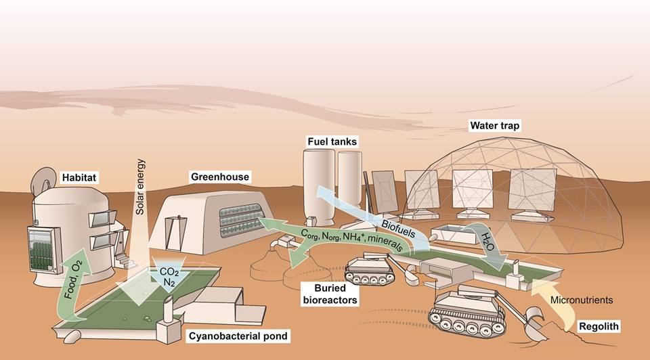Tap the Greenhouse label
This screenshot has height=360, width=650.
coord(220,177)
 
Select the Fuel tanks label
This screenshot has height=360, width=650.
coord(330,142)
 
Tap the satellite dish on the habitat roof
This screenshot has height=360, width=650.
coord(41,177)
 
